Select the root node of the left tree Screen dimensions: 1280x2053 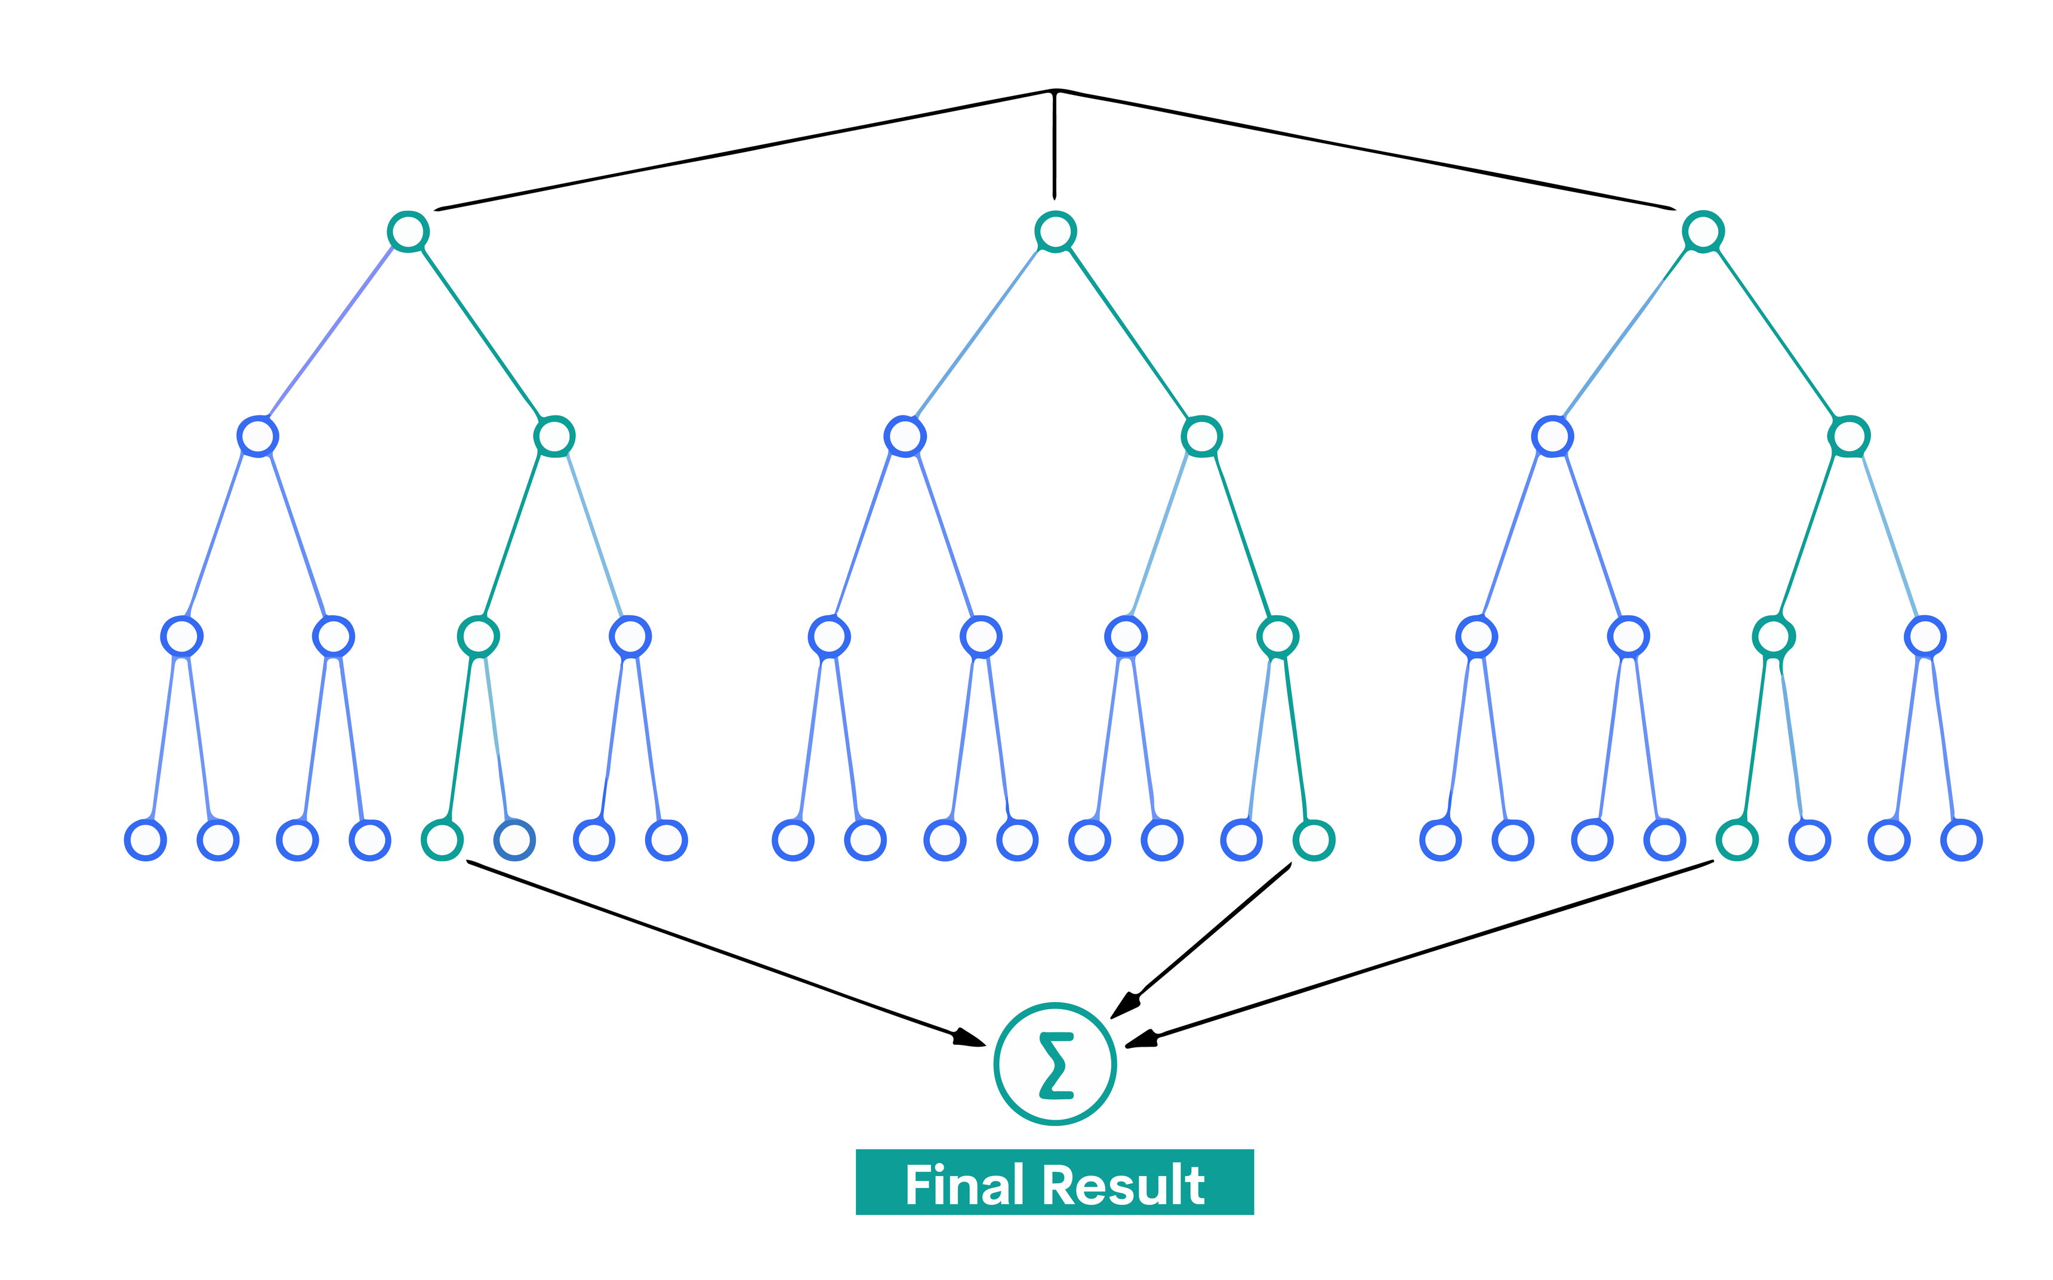[x=408, y=231]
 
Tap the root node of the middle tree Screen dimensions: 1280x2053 [x=1055, y=231]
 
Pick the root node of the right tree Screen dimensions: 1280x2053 [x=1703, y=231]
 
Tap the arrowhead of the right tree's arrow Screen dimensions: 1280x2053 [x=1139, y=1041]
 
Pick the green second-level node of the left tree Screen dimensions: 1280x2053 [x=554, y=437]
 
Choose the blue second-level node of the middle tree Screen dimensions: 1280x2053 [x=905, y=437]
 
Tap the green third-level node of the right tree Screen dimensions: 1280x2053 [x=1773, y=636]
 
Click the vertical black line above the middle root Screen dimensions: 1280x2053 [x=1055, y=144]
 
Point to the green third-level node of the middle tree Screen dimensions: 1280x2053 [x=1278, y=636]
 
